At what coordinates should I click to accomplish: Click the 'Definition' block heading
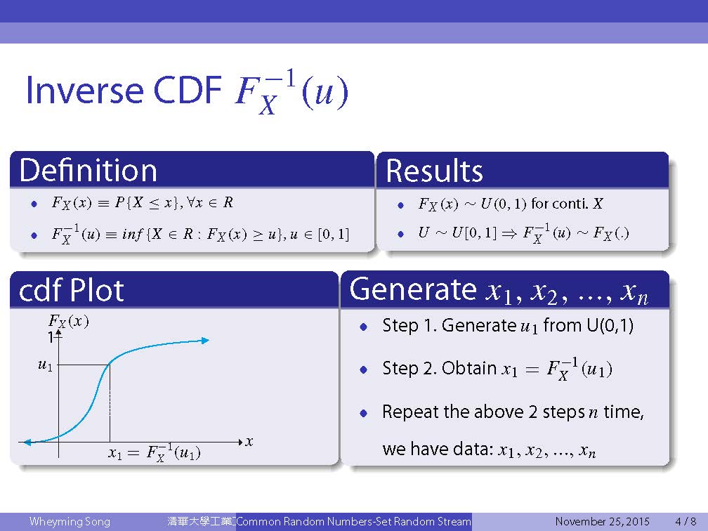[x=88, y=170]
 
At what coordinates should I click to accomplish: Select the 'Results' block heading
[x=434, y=171]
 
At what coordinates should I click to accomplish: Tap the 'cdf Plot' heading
[x=72, y=290]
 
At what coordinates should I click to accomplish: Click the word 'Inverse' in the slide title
[x=84, y=90]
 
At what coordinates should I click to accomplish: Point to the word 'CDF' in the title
[x=188, y=90]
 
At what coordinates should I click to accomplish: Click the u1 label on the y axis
[x=45, y=365]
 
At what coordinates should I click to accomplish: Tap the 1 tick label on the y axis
[x=51, y=337]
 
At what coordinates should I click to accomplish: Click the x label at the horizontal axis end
[x=249, y=442]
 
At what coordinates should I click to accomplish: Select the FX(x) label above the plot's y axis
[x=68, y=322]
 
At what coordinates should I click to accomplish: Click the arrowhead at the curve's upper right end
[x=205, y=341]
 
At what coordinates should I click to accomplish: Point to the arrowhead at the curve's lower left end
[x=27, y=442]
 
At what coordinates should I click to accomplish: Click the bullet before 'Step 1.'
[x=364, y=327]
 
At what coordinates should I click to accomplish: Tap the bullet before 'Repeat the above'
[x=364, y=413]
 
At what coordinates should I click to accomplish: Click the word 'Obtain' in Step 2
[x=469, y=368]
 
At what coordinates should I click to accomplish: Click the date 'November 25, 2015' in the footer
[x=603, y=521]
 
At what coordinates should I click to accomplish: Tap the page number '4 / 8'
[x=686, y=521]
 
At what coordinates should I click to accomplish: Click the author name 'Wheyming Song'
[x=70, y=521]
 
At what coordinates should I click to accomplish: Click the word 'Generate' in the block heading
[x=413, y=289]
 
